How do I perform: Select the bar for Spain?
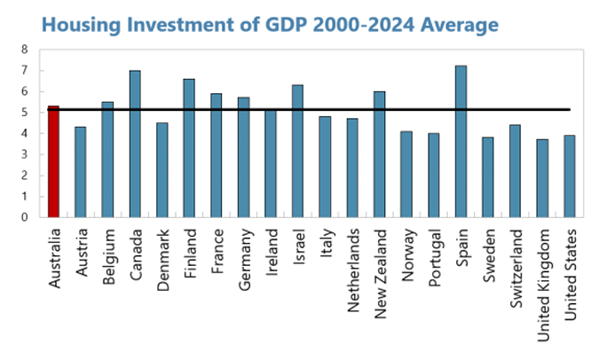461,142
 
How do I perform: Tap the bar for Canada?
135,144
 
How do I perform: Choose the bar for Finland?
189,148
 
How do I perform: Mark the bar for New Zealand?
379,154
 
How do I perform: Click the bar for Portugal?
433,175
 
